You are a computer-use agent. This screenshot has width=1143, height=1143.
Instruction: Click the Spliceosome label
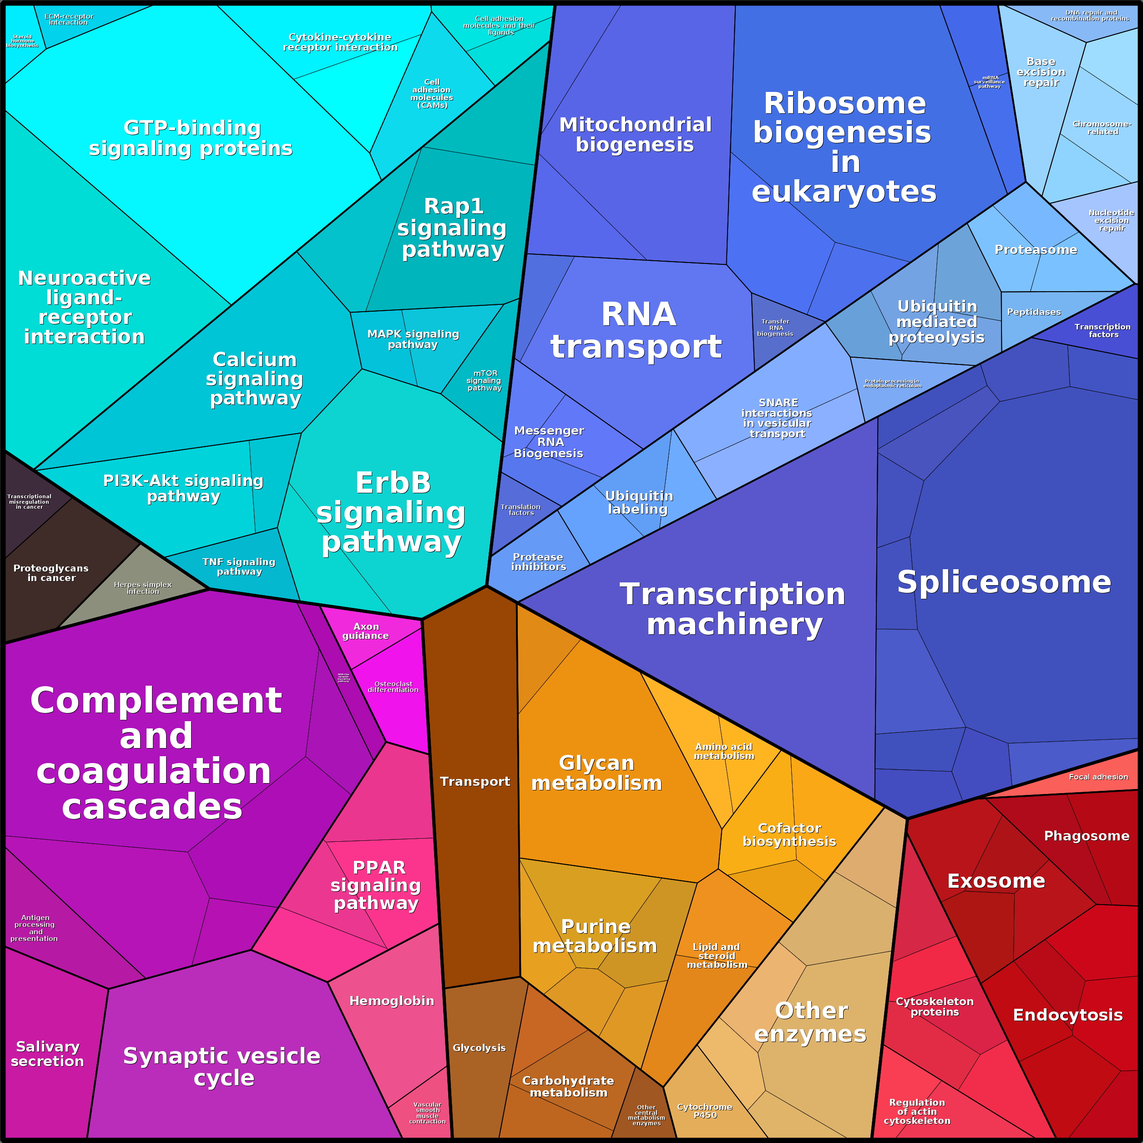(1004, 582)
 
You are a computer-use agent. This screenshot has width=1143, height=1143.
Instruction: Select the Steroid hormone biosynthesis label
(22, 41)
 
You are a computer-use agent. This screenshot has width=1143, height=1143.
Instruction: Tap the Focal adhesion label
(1098, 777)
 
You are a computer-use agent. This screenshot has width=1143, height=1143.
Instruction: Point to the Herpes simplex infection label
(142, 587)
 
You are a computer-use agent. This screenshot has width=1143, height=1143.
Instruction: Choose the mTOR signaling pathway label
(485, 380)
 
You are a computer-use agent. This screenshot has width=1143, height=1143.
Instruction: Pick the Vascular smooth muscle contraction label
(427, 1113)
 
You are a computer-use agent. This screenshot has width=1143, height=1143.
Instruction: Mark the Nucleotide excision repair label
(1111, 220)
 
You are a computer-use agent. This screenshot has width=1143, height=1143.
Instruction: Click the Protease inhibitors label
(538, 561)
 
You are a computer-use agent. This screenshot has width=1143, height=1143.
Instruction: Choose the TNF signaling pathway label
(239, 566)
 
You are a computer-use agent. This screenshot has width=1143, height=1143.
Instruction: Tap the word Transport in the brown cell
(475, 782)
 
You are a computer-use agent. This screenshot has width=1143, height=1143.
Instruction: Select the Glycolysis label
(479, 1048)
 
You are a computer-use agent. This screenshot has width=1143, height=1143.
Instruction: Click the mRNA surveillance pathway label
(989, 81)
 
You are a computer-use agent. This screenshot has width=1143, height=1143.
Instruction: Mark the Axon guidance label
(366, 631)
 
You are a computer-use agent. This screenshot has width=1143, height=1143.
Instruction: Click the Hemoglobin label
(392, 1001)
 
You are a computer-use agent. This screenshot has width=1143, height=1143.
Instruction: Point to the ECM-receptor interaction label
(69, 20)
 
